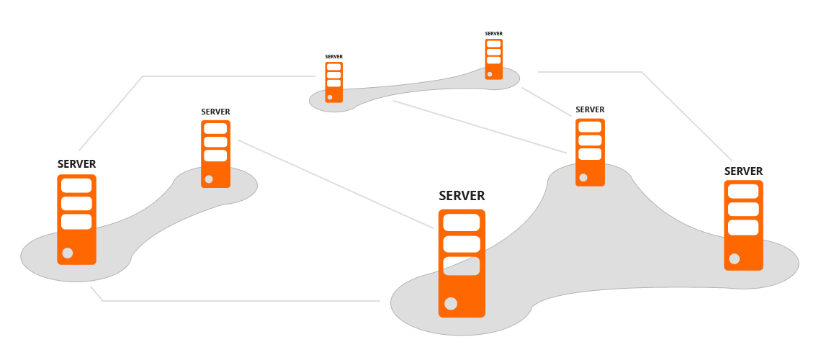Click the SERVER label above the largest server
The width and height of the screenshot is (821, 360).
[462, 196]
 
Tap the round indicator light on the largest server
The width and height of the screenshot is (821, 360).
[451, 303]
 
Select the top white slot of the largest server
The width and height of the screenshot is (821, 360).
[462, 222]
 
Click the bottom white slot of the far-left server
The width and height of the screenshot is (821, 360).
[76, 222]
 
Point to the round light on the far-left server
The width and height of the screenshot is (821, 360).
[68, 253]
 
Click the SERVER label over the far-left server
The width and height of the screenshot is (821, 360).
[76, 164]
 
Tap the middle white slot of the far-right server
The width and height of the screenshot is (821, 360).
[743, 209]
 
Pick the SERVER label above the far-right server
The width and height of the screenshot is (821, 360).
[743, 171]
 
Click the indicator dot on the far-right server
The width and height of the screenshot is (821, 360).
[734, 258]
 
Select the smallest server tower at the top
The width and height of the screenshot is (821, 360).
[493, 59]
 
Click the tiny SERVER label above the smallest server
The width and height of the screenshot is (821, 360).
[493, 34]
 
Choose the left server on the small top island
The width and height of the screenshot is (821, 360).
[333, 82]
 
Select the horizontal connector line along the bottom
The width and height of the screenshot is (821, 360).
[238, 300]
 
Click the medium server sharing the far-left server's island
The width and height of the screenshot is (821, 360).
[215, 154]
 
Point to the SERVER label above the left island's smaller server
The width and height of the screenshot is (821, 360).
[215, 112]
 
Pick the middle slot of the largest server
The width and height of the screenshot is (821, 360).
[462, 244]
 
